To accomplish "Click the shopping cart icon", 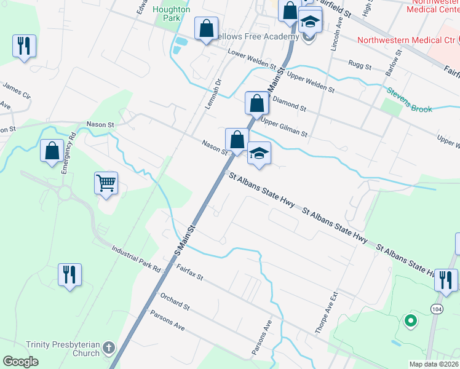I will (x=106, y=182).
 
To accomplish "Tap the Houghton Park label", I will (x=172, y=14).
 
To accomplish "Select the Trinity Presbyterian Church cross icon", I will (x=108, y=347).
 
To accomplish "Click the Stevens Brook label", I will (x=409, y=100).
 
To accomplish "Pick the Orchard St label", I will (x=175, y=301).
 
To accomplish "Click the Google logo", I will (x=21, y=361).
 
